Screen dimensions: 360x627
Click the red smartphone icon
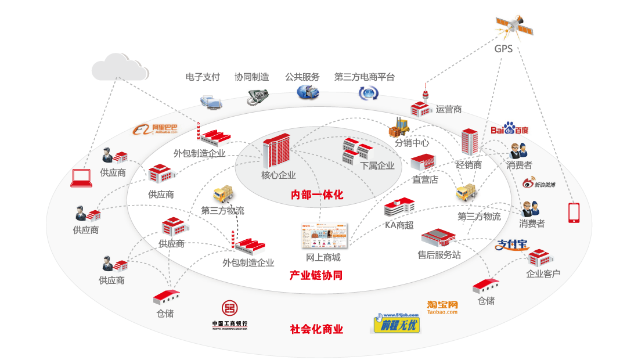point(574,213)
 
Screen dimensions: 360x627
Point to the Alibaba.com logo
point(156,129)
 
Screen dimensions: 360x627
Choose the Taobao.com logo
point(442,307)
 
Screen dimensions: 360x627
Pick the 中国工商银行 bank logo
point(230,316)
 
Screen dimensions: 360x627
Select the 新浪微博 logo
point(539,184)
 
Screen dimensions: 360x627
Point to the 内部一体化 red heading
point(317,195)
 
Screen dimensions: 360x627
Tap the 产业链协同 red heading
point(316,275)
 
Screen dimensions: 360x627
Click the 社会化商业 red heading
point(316,329)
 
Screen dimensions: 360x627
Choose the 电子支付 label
point(203,77)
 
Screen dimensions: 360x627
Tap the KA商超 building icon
point(399,207)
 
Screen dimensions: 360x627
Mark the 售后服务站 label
point(439,254)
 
